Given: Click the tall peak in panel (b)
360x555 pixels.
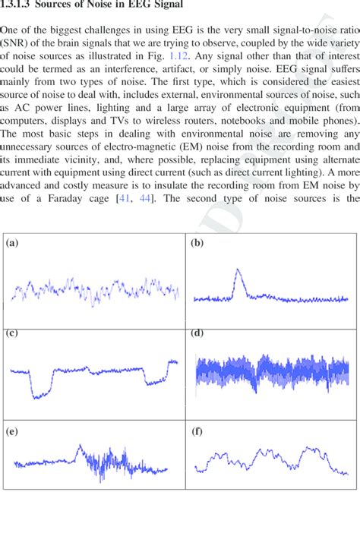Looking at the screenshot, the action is pos(238,271).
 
